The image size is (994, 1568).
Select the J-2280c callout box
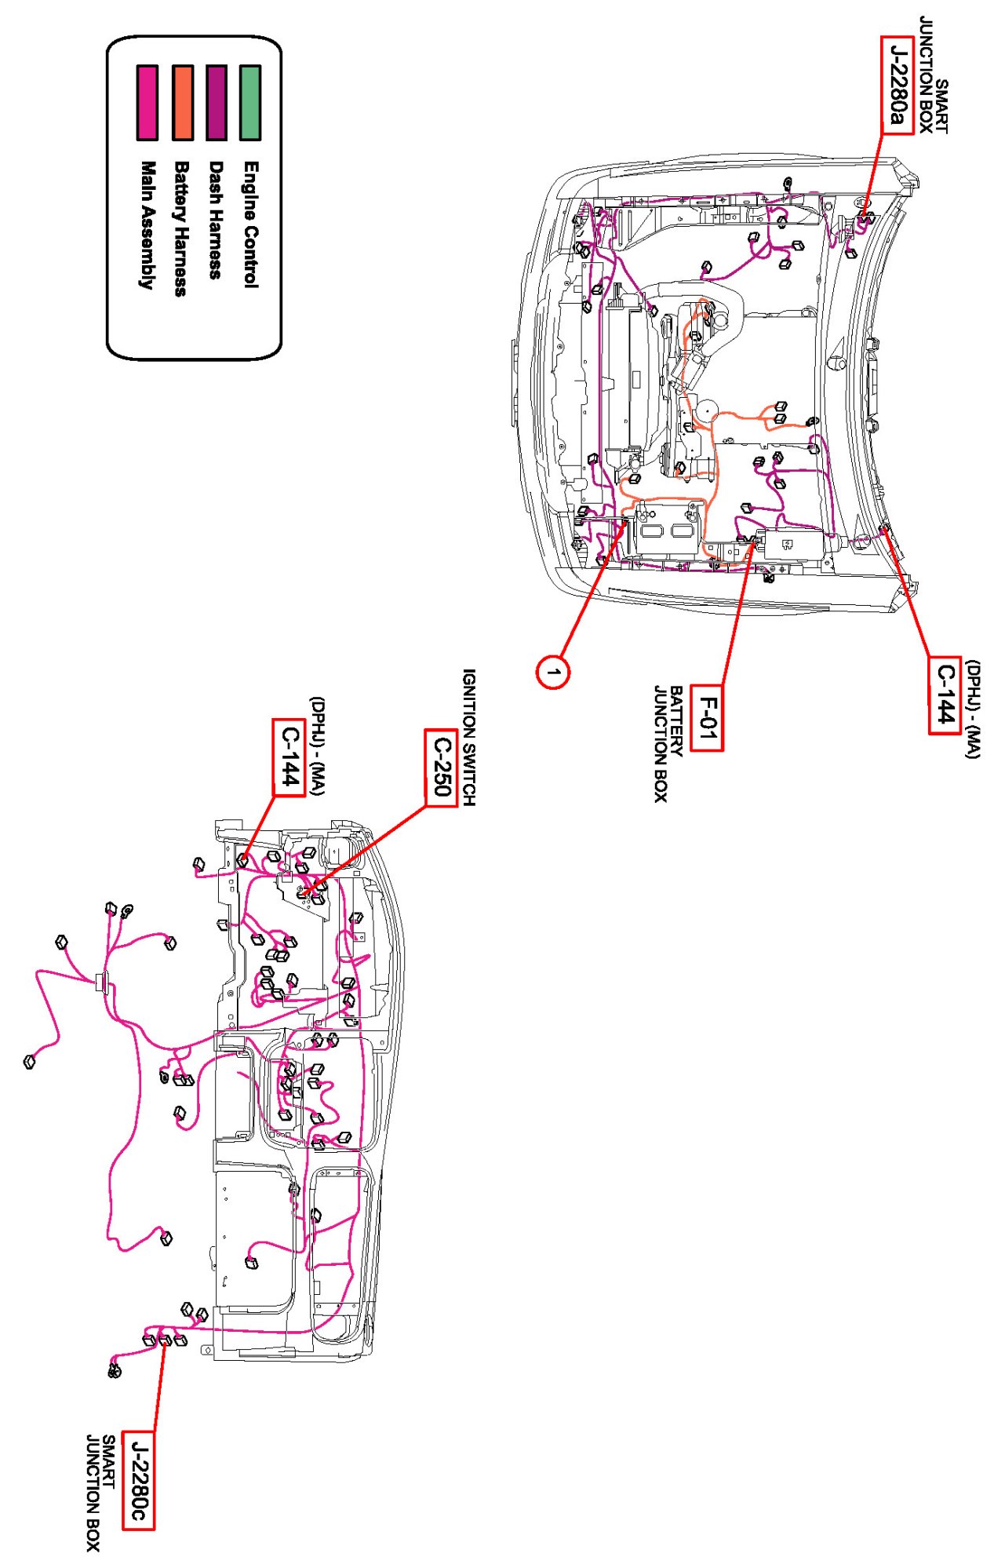click(138, 1480)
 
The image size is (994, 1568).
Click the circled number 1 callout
click(553, 673)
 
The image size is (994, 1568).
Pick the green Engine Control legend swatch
click(250, 103)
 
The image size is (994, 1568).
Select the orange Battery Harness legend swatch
click(182, 103)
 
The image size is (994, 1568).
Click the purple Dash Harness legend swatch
click(216, 103)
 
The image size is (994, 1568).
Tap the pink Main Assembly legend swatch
click(147, 103)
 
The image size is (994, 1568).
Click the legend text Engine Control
click(250, 224)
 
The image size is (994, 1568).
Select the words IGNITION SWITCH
click(468, 737)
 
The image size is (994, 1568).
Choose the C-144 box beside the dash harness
click(289, 757)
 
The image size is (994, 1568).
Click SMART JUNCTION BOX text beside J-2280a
click(934, 75)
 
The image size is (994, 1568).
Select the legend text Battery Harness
click(181, 228)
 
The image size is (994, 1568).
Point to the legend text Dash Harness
click(216, 220)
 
